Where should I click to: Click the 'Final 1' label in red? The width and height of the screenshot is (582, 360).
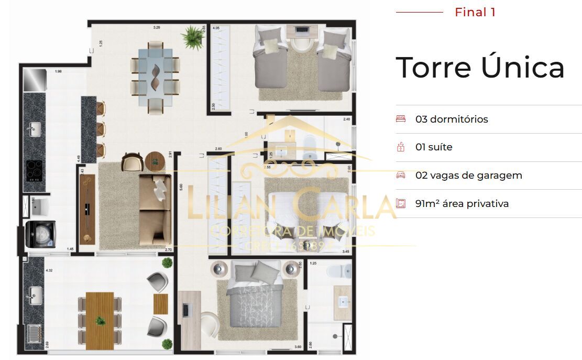(475, 12)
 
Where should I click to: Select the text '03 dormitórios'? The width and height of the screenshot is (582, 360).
(452, 119)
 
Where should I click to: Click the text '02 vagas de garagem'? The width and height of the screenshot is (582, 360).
(468, 175)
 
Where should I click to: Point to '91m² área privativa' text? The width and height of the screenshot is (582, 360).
(462, 203)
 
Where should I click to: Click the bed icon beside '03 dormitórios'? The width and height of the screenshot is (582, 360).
(401, 119)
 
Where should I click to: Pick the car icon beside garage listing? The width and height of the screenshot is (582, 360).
(401, 175)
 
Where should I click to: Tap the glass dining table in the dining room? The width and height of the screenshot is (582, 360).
(156, 78)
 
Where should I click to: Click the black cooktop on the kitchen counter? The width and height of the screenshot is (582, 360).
(35, 169)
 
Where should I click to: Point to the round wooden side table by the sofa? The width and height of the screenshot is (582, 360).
(155, 161)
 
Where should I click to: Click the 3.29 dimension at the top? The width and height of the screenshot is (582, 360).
(156, 26)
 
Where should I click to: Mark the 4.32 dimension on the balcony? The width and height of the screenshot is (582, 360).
(49, 271)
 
